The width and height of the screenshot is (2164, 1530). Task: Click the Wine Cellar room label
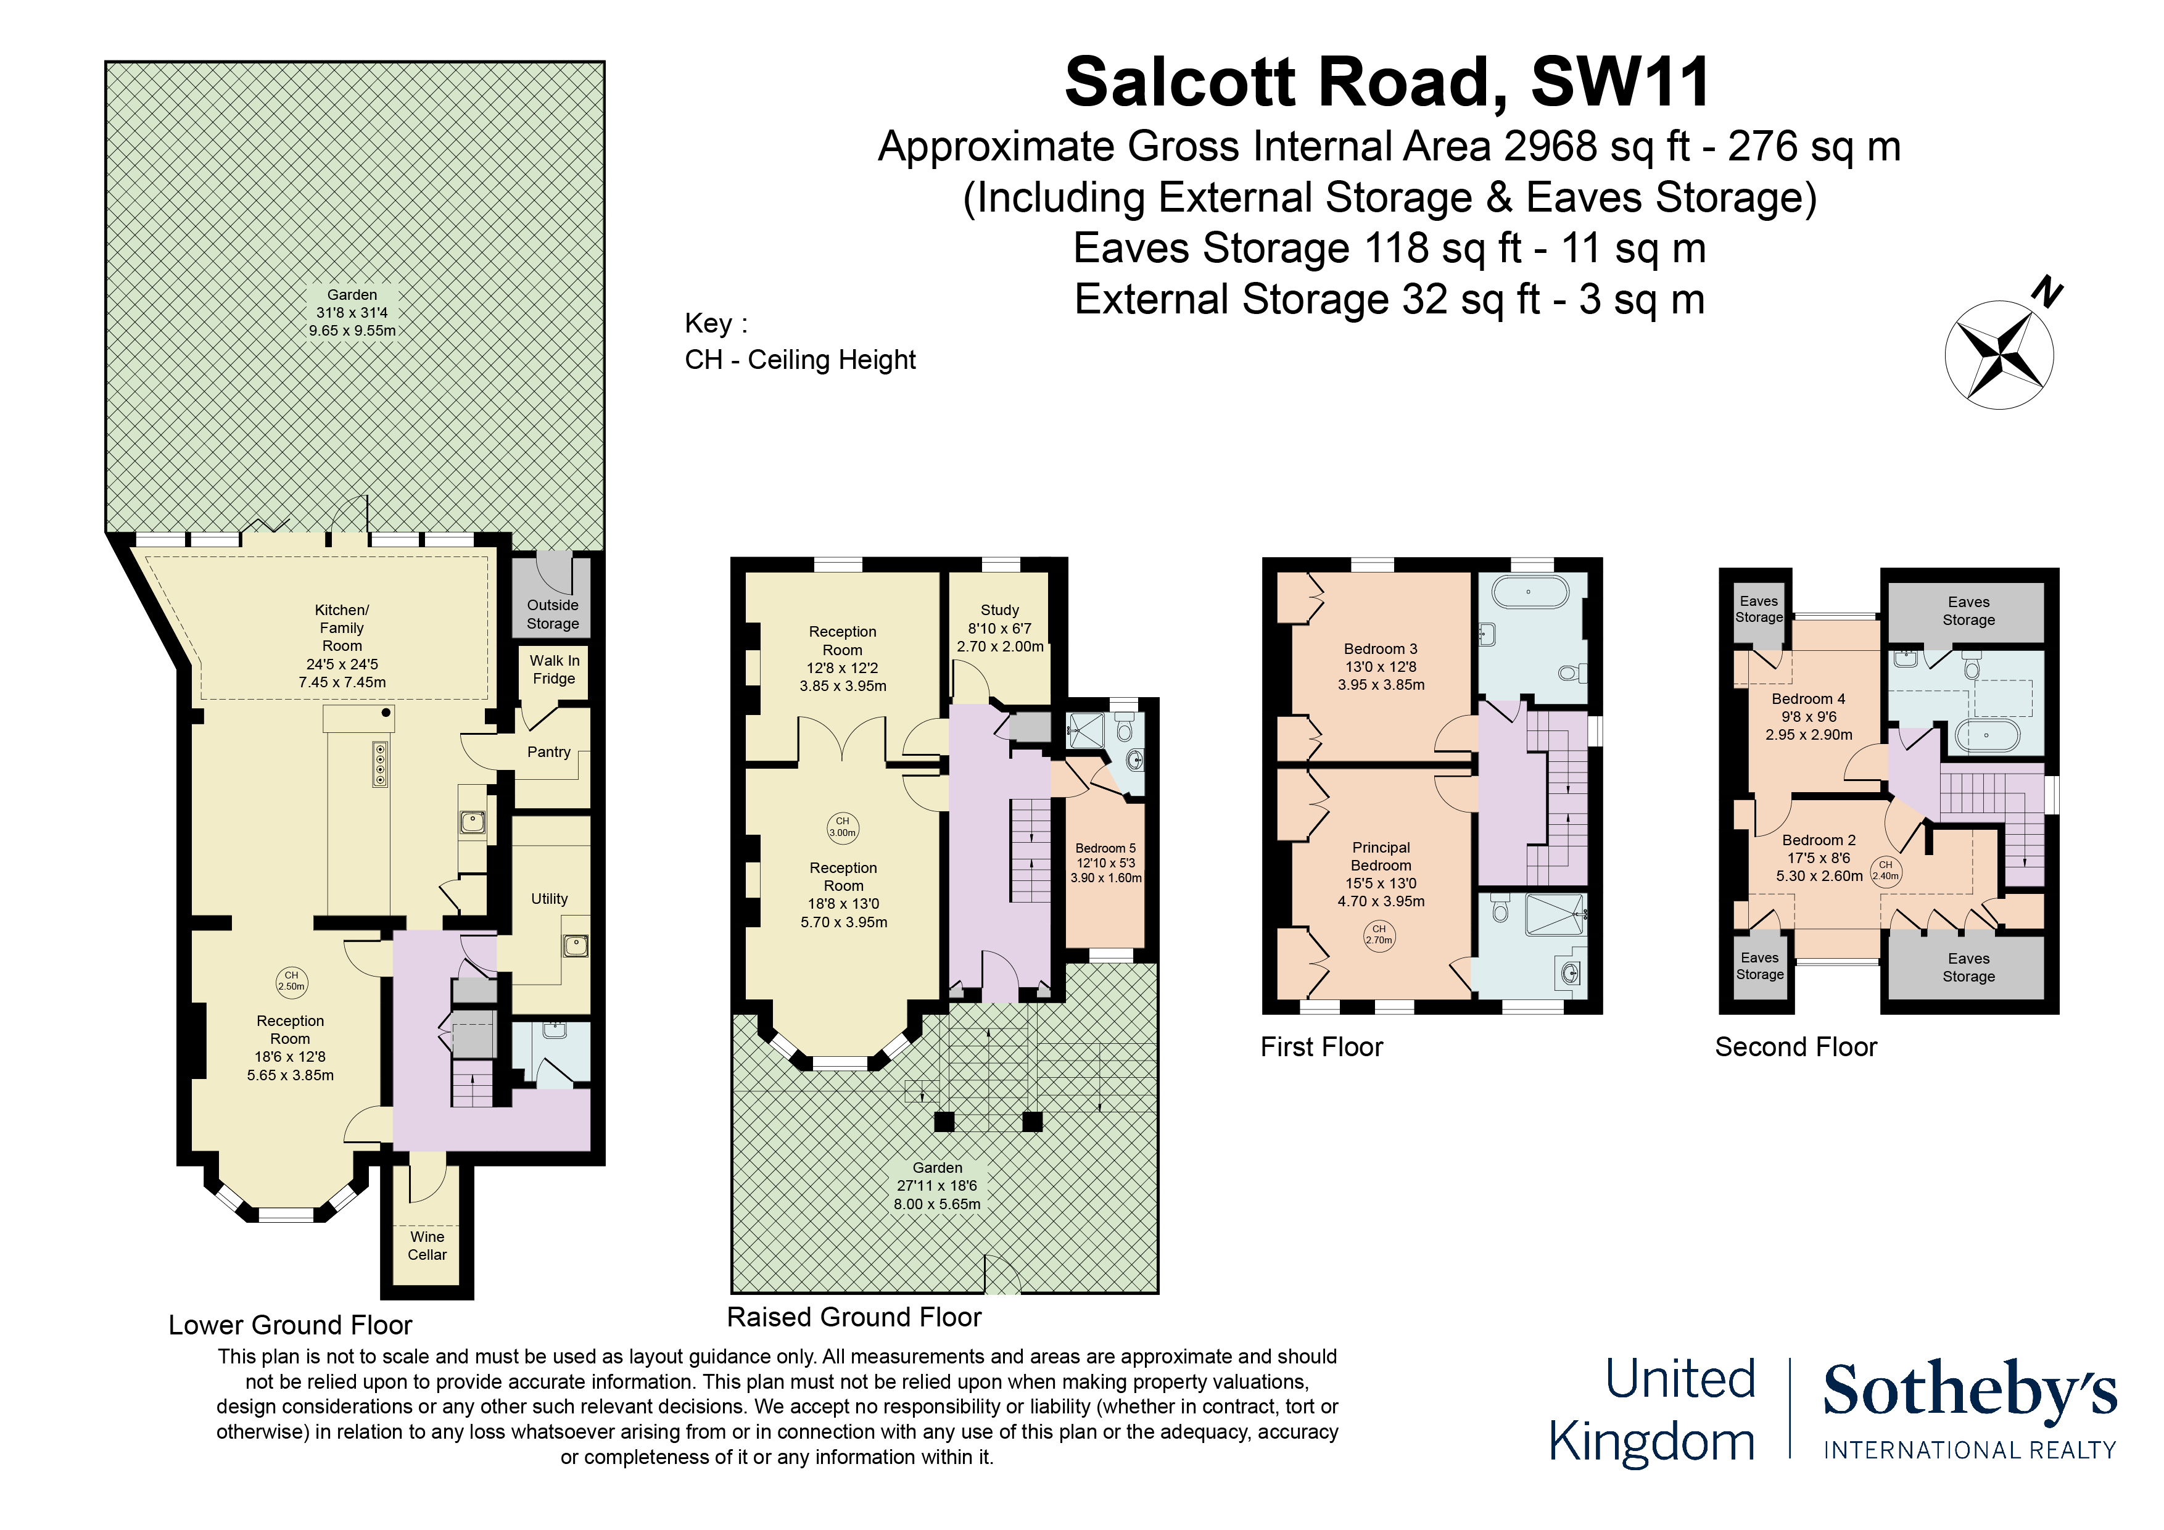[x=427, y=1246]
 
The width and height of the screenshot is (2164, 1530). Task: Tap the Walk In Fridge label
[x=554, y=669]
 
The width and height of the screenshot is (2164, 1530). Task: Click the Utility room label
[x=550, y=898]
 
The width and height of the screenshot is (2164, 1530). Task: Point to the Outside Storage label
[x=552, y=614]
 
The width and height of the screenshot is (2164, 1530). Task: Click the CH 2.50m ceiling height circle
[x=291, y=982]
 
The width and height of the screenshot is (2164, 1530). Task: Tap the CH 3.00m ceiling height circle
[x=843, y=827]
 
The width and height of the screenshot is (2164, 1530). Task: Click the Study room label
[x=1000, y=610]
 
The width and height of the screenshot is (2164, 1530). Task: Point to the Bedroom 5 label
[x=1105, y=848]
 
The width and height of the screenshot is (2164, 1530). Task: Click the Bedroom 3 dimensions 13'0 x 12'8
[x=1381, y=666]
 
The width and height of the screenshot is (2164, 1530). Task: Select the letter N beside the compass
[x=2047, y=292]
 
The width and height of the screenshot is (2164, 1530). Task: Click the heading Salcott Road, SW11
[x=1387, y=83]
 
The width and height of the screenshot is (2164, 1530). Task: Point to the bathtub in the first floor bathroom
[x=1529, y=593]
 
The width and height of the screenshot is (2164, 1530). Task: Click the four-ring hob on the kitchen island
[x=380, y=764]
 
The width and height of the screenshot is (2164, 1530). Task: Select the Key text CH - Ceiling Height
[x=800, y=360]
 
